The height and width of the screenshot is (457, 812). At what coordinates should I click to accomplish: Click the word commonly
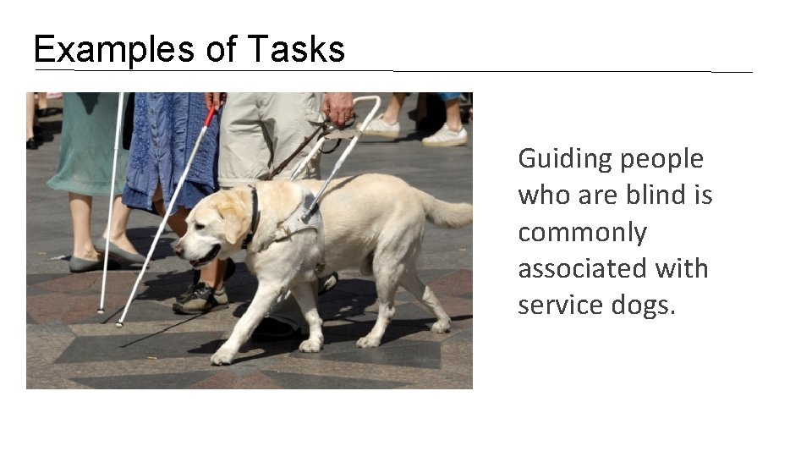582,232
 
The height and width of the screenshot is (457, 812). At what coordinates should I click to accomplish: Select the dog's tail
444,212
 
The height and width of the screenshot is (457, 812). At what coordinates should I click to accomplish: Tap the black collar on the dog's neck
252,217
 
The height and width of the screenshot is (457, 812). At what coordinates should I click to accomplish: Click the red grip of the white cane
210,115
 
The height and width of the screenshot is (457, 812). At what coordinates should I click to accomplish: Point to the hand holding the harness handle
338,108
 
